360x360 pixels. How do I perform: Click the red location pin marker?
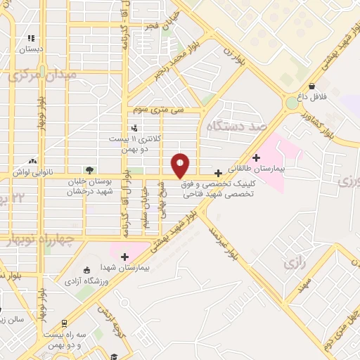click(x=181, y=165)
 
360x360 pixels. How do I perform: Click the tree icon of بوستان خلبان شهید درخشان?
click(x=89, y=169)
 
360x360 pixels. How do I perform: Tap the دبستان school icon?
click(x=31, y=38)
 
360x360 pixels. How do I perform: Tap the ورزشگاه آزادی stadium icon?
click(x=86, y=271)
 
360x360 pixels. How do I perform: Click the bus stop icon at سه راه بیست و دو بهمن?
click(x=65, y=323)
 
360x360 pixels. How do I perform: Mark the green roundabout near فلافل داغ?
click(x=291, y=103)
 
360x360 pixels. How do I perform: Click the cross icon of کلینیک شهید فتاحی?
click(x=218, y=172)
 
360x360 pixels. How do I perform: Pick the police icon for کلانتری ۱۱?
click(x=134, y=127)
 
